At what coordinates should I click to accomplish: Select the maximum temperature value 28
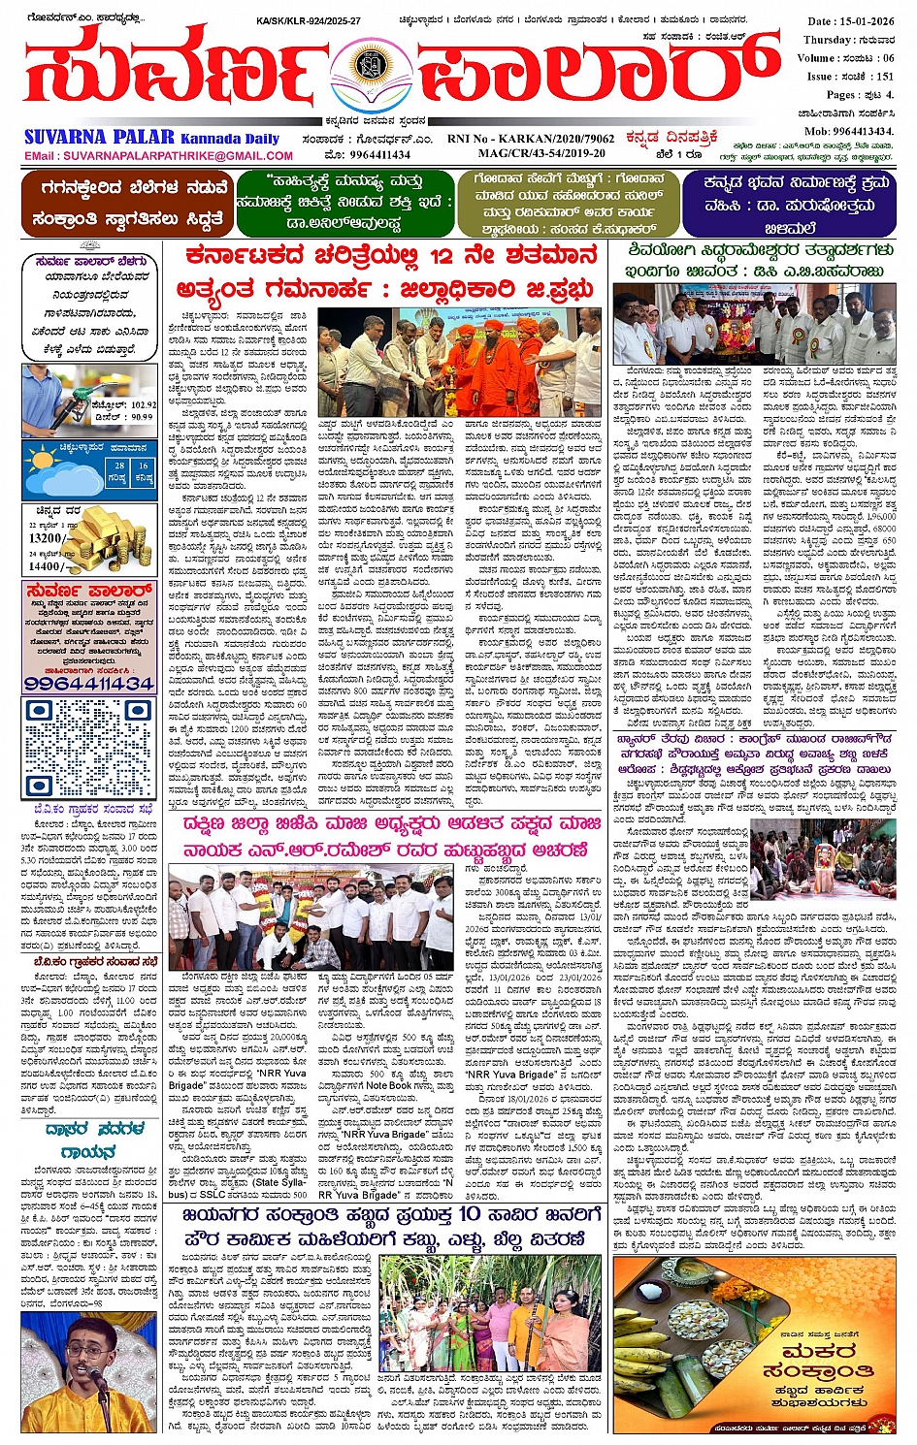click(x=118, y=466)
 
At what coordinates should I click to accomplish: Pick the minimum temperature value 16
click(x=144, y=466)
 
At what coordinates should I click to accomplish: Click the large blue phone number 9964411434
click(x=89, y=683)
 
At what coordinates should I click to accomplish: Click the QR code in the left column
click(x=89, y=745)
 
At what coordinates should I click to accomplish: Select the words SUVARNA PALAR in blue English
click(x=99, y=138)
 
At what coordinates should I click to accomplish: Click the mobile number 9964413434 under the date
click(x=864, y=130)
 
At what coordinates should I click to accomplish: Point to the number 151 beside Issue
click(x=884, y=76)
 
